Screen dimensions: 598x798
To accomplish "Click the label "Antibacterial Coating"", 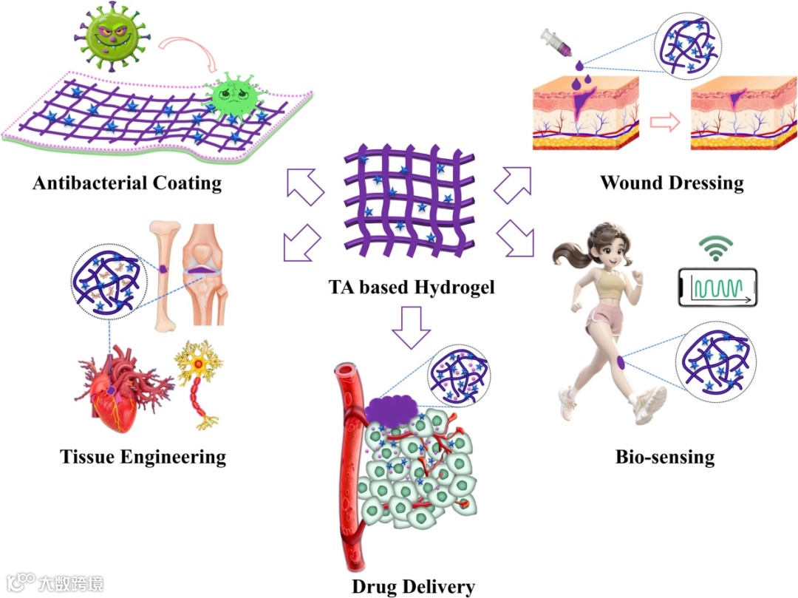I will [x=127, y=183].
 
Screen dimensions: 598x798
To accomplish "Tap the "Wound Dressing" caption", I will [x=671, y=182].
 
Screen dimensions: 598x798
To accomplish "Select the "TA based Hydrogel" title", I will [x=412, y=286].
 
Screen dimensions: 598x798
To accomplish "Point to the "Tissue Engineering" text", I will [x=143, y=456].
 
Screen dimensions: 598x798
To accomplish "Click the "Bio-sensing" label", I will [x=665, y=457].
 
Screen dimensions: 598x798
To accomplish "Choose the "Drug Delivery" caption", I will [x=413, y=587].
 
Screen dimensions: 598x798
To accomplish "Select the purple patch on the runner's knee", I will [x=621, y=362].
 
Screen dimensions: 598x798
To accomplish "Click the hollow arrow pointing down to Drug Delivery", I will [x=410, y=325].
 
